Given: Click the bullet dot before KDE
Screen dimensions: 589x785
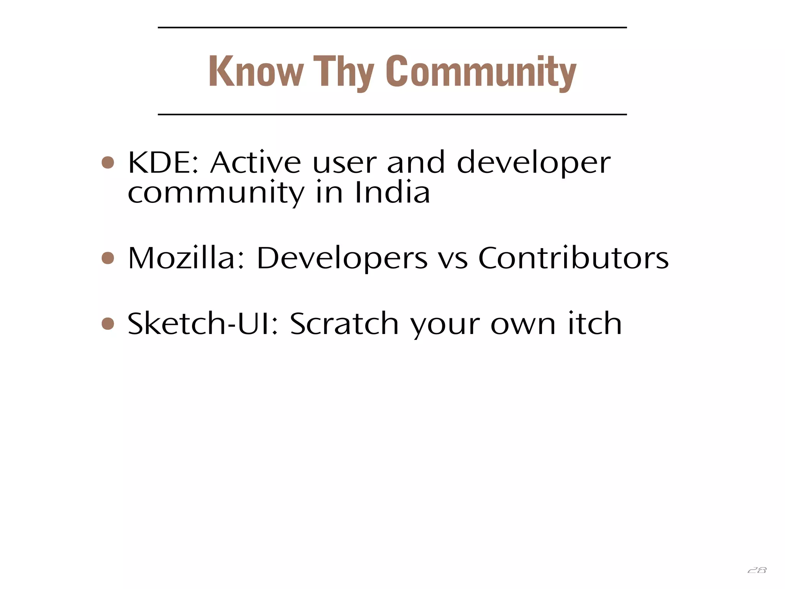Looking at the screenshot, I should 108,162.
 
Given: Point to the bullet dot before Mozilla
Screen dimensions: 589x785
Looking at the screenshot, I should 108,258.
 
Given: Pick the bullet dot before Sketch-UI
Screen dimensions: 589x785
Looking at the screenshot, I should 108,323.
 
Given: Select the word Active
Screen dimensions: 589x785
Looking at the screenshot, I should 255,163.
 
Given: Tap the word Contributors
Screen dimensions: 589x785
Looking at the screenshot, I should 573,258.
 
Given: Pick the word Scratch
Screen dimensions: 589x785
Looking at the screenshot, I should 344,324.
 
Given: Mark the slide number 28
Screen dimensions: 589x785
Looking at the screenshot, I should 757,570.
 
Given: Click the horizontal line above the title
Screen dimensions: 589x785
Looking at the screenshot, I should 392,28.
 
